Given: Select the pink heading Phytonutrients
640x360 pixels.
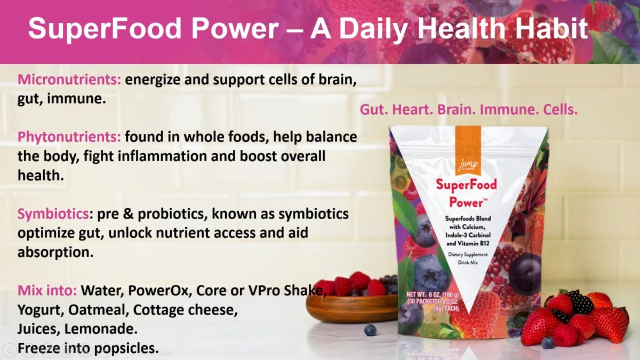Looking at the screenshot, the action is [x=69, y=138].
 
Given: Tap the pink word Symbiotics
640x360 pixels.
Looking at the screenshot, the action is [x=53, y=214].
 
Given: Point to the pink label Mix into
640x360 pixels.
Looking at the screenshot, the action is [x=47, y=290].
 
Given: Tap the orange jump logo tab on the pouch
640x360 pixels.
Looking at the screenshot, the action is [x=468, y=150].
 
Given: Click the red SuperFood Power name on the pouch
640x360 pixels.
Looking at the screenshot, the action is [x=466, y=194].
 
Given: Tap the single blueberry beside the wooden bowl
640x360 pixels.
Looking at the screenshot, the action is [x=370, y=330].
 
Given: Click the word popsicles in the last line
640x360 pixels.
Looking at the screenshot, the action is [x=126, y=349].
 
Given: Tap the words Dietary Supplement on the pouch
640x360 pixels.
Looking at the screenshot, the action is [x=468, y=254].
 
